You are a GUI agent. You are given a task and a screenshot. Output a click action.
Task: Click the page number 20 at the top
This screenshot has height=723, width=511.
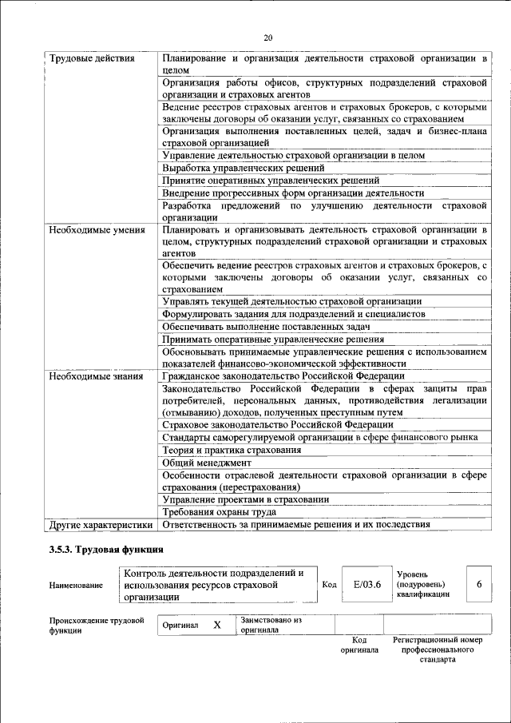(267, 37)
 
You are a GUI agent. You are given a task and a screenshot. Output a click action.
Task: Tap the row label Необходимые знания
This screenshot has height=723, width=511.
(85, 375)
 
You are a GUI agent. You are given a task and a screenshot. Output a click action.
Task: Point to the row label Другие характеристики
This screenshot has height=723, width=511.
(100, 525)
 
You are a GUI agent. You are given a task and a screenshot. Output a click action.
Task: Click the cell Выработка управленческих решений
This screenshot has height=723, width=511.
(243, 168)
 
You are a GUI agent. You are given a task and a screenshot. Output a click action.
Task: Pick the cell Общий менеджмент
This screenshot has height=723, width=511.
(207, 463)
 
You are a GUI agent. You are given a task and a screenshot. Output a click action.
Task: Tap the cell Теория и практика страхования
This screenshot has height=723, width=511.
(232, 450)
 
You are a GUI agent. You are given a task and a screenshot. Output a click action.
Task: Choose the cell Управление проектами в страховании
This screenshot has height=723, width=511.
(245, 499)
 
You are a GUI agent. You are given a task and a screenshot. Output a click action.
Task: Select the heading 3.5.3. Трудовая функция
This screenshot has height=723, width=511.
(106, 550)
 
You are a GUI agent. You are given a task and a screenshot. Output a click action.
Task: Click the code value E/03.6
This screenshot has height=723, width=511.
(367, 585)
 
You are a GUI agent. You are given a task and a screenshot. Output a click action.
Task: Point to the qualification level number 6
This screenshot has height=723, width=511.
(479, 584)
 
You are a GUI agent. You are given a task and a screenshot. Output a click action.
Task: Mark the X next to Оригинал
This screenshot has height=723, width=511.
(216, 625)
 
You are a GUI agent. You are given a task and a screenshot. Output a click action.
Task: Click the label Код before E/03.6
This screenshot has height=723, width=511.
(329, 585)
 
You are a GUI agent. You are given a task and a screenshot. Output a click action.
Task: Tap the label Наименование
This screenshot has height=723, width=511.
(76, 586)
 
